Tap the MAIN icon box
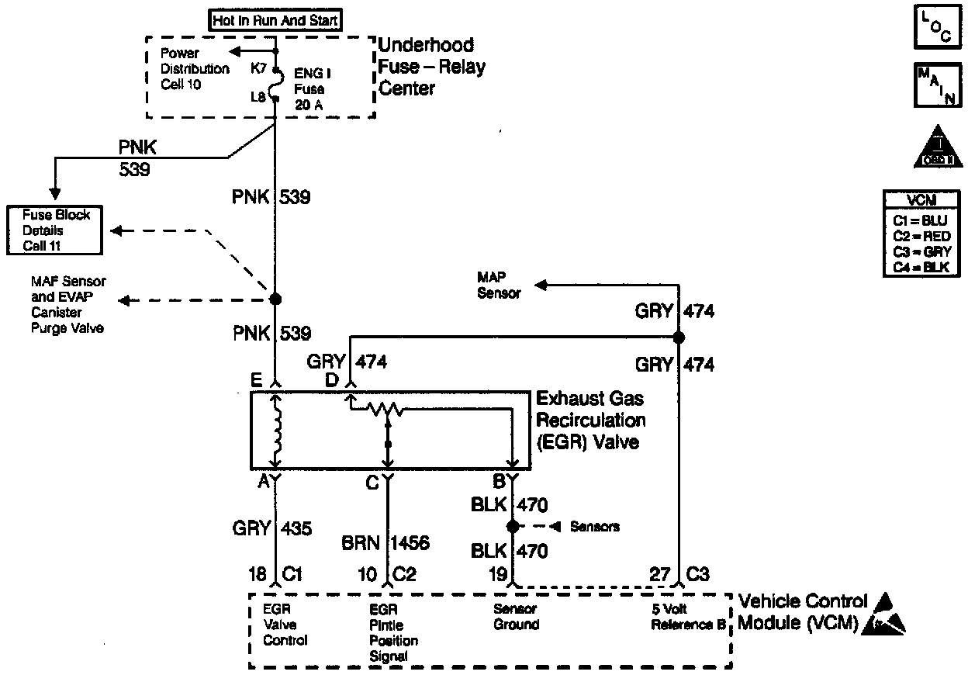pyautogui.click(x=937, y=85)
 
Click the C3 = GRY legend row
pyautogui.click(x=921, y=251)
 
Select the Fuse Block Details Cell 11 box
pyautogui.click(x=55, y=230)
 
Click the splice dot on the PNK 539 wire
pyautogui.click(x=275, y=299)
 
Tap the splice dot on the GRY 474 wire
pyautogui.click(x=679, y=337)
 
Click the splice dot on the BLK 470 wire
pyautogui.click(x=512, y=527)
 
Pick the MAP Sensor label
pyautogui.click(x=500, y=286)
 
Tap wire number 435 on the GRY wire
pyautogui.click(x=296, y=528)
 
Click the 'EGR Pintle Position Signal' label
pyautogui.click(x=394, y=632)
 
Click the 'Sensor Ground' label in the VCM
pyautogui.click(x=517, y=617)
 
